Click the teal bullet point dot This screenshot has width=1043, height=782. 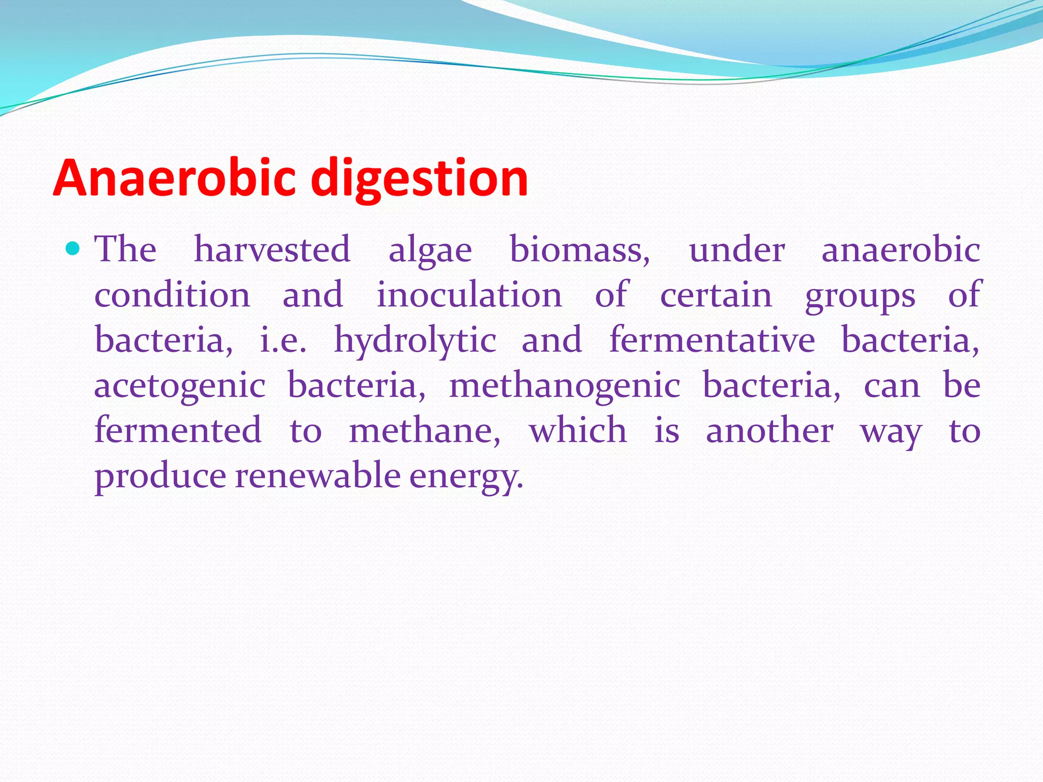click(73, 249)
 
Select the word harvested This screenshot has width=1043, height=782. click(272, 249)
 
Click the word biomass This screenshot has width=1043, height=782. click(580, 249)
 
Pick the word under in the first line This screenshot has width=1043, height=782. click(737, 250)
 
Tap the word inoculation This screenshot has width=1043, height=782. click(469, 295)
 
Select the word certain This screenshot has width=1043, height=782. click(716, 295)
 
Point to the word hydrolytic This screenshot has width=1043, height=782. click(415, 341)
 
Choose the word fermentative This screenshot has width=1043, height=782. click(712, 340)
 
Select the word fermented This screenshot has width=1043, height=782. click(178, 430)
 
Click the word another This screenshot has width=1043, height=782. click(770, 431)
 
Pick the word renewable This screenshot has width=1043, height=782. click(318, 476)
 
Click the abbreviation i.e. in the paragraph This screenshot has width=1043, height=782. click(283, 341)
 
